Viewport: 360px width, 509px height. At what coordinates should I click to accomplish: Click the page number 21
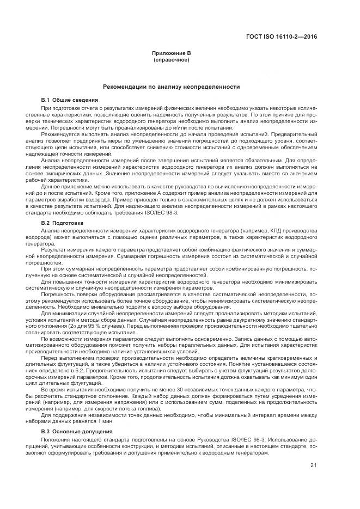pyautogui.click(x=313, y=465)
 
